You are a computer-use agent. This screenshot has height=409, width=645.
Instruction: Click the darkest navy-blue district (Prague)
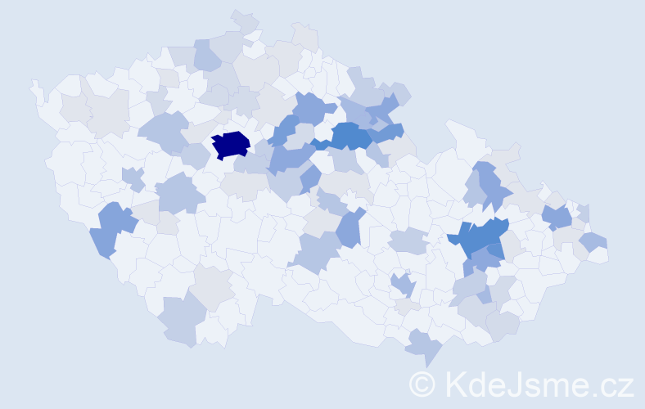pyautogui.click(x=231, y=144)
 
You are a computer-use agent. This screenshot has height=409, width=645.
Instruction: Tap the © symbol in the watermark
pyautogui.click(x=422, y=384)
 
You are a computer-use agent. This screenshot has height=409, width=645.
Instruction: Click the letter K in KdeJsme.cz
pyautogui.click(x=455, y=384)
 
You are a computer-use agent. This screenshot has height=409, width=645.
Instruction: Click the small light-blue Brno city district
pyautogui.click(x=403, y=285)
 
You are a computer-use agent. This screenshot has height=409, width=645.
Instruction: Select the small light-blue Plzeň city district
pyautogui.click(x=133, y=178)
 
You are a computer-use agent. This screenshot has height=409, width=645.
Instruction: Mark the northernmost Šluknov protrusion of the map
pyautogui.click(x=244, y=18)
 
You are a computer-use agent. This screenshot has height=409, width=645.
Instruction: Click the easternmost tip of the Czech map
pyautogui.click(x=606, y=255)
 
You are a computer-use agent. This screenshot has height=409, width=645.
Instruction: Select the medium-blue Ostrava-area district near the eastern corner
pyautogui.click(x=559, y=217)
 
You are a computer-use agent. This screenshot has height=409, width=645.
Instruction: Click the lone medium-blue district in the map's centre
pyautogui.click(x=350, y=228)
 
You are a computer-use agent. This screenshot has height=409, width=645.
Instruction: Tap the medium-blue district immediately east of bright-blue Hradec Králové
pyautogui.click(x=386, y=132)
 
